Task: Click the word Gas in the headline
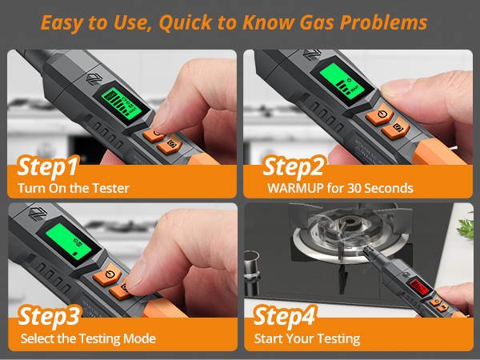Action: (x=333, y=22)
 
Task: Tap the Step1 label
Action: (x=48, y=169)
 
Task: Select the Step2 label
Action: (x=294, y=169)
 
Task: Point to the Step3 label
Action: (x=49, y=317)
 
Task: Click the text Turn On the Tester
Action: (x=73, y=189)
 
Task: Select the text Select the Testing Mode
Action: (x=86, y=338)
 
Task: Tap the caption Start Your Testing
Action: (x=307, y=338)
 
